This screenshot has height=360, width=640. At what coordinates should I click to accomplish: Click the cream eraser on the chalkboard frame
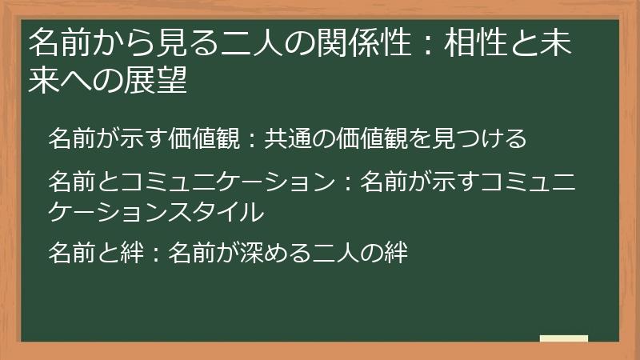[x=564, y=339]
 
